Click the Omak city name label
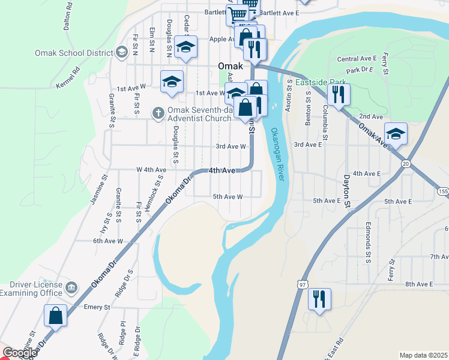[x=231, y=66]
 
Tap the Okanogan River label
[x=277, y=154]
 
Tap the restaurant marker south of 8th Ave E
[x=319, y=299]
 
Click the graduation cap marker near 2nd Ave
[x=396, y=134]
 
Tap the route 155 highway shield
[x=443, y=191]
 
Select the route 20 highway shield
[x=406, y=164]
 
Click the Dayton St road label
[x=346, y=191]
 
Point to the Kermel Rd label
[x=68, y=80]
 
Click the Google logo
[x=19, y=353]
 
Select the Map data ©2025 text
[x=423, y=355]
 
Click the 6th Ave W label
[x=108, y=241]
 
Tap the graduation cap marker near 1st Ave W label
[x=172, y=82]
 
